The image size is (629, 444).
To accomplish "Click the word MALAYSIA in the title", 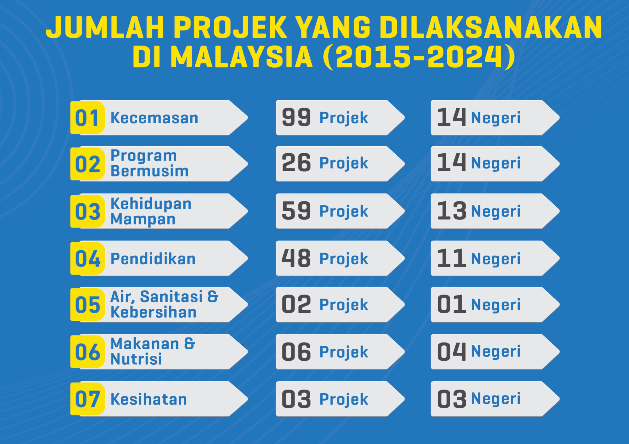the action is [x=241, y=57].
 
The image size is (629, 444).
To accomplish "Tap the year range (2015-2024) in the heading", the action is [x=419, y=57].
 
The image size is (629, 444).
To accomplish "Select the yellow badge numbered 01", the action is [x=88, y=117].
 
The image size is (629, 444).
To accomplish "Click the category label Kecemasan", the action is [x=154, y=118].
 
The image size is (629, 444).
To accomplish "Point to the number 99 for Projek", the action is [x=296, y=117].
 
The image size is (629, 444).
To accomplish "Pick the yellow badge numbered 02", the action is [x=88, y=164].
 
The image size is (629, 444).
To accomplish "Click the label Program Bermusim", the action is [x=149, y=163].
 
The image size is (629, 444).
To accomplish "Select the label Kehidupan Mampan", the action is [x=151, y=211].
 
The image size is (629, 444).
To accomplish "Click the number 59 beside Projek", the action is [x=296, y=211].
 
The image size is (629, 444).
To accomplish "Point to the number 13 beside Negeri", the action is [x=451, y=211].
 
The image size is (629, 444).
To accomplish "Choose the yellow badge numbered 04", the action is [x=88, y=258].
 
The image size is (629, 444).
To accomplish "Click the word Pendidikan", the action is [x=153, y=259].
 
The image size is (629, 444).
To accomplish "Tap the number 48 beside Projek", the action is [x=296, y=258].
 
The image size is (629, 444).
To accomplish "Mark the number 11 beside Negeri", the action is [x=451, y=258].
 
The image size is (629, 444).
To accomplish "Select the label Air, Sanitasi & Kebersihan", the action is [x=164, y=304].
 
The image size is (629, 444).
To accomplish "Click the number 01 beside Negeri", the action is [x=451, y=304].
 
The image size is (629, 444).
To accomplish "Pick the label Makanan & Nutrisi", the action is [x=153, y=351].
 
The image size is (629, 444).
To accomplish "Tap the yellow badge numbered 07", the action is [x=88, y=399].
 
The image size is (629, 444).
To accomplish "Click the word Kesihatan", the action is [x=149, y=399].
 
